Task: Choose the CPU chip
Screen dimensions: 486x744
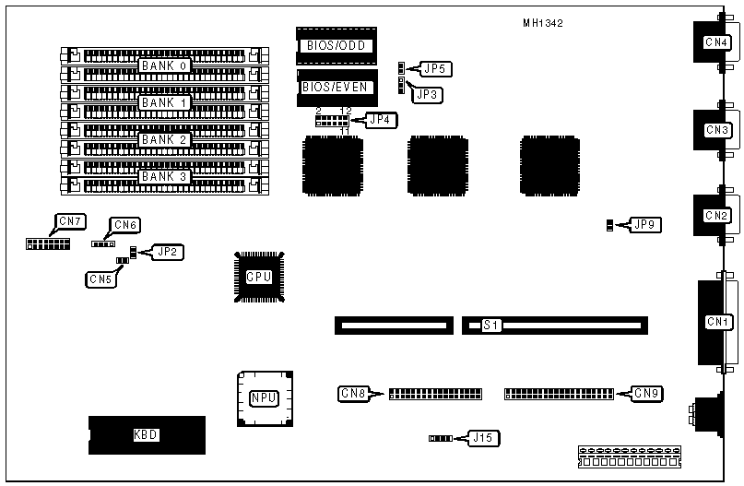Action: click(x=259, y=277)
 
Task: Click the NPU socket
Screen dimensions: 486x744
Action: click(x=263, y=398)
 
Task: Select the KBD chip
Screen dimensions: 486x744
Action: click(x=146, y=435)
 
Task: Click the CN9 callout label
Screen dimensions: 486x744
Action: click(x=647, y=394)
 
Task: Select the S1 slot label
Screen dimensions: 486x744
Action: click(x=491, y=326)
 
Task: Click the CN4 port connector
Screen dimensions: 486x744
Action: click(x=715, y=42)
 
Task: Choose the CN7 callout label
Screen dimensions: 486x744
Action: click(x=70, y=221)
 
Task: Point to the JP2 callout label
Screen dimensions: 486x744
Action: click(x=169, y=252)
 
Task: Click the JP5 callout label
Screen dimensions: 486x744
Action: click(x=433, y=68)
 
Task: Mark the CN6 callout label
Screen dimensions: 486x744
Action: click(x=125, y=225)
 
